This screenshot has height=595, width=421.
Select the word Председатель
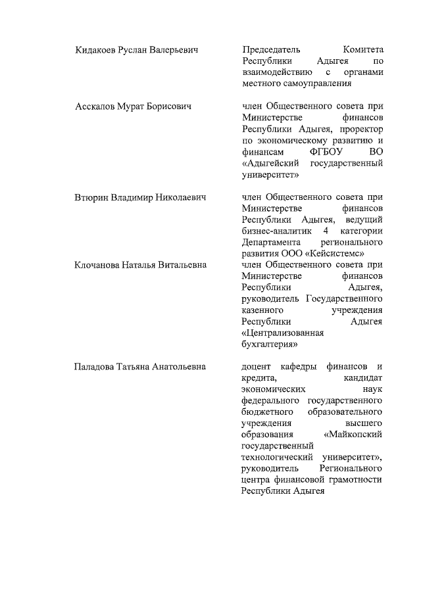tap(271, 50)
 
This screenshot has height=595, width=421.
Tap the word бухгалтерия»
tap(270, 344)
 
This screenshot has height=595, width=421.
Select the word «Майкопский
tap(354, 435)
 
